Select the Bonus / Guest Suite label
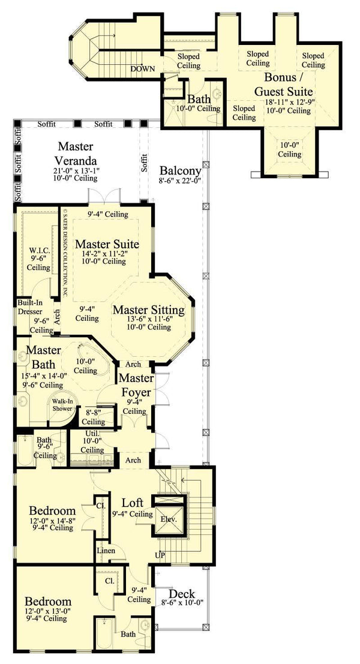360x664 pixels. [x=283, y=85]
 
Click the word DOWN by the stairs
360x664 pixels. [x=143, y=69]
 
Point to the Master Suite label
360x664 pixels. [x=107, y=244]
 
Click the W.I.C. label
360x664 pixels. [x=38, y=250]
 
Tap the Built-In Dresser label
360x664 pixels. [x=29, y=308]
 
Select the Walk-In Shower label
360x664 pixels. [x=62, y=405]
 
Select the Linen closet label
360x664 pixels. [x=106, y=550]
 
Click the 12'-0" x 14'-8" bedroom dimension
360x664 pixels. [x=53, y=521]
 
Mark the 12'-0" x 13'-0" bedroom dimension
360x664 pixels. [x=48, y=611]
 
